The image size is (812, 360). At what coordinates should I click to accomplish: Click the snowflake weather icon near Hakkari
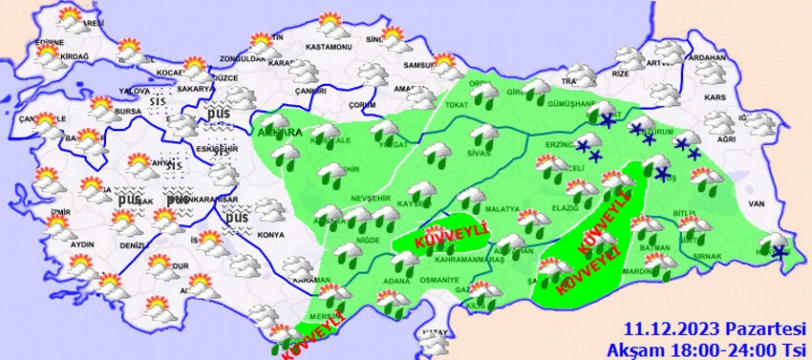click(x=780, y=251)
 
